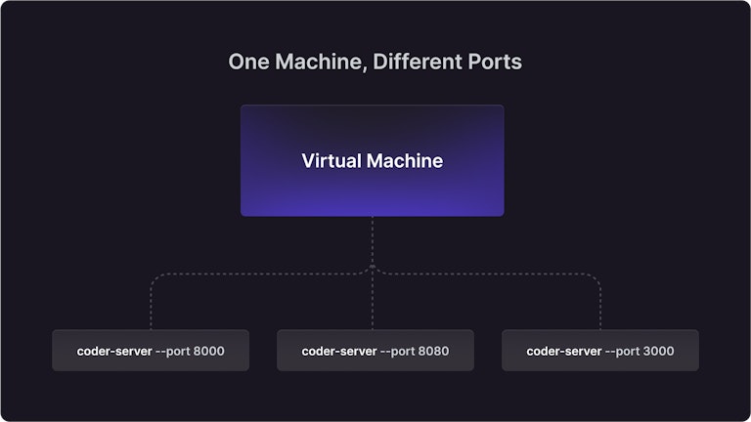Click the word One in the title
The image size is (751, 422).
pyautogui.click(x=248, y=62)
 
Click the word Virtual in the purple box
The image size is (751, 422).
pyautogui.click(x=331, y=161)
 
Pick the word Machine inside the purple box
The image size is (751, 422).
pyautogui.click(x=405, y=161)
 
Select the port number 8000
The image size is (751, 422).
pyautogui.click(x=209, y=352)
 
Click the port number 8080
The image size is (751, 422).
pyautogui.click(x=434, y=352)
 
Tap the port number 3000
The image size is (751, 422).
pyautogui.click(x=658, y=352)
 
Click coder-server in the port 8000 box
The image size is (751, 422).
pyautogui.click(x=114, y=352)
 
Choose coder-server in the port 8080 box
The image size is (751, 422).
pyautogui.click(x=339, y=352)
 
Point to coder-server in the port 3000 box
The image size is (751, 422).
pyautogui.click(x=564, y=352)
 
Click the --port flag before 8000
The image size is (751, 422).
pyautogui.click(x=173, y=352)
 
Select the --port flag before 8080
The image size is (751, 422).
pyautogui.click(x=398, y=352)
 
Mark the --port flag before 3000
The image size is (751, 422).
pyautogui.click(x=623, y=352)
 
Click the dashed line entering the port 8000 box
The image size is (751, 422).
pyautogui.click(x=152, y=306)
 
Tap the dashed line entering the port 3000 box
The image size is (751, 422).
pyautogui.click(x=600, y=306)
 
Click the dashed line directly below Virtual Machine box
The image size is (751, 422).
pyautogui.click(x=373, y=240)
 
